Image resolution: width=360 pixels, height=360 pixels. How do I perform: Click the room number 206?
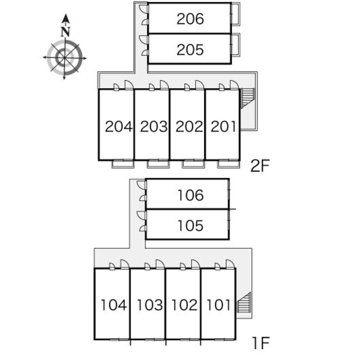190,19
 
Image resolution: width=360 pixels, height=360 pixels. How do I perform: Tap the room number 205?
190,50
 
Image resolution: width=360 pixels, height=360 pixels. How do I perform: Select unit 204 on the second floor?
119,127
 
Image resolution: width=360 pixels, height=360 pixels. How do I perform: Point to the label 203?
154,127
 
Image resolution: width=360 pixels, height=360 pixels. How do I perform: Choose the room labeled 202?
189,127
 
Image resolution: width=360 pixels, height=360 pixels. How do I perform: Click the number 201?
223,127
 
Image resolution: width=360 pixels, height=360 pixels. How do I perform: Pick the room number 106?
190,195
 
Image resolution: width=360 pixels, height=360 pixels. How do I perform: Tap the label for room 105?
190,226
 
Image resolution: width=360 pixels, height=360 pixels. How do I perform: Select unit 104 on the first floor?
114,306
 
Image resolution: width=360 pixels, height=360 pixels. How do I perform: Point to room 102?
184,306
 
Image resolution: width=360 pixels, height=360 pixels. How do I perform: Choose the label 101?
218,306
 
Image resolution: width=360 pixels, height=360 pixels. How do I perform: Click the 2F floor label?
260,166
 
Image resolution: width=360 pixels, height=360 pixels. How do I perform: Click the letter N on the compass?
65,32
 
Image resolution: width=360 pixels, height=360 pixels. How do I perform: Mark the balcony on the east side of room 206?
236,14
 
